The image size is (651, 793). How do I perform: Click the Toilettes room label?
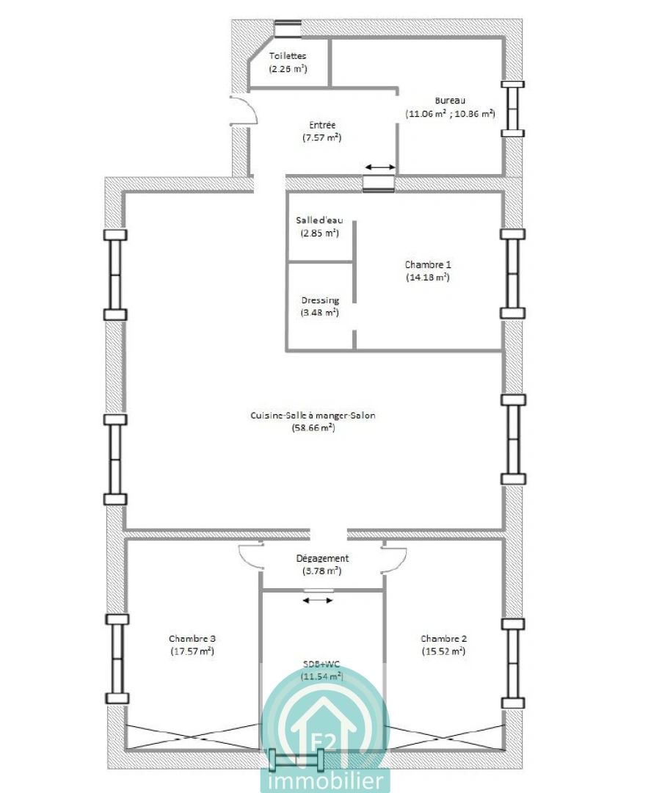click(288, 56)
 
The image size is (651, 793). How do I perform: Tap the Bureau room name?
click(450, 101)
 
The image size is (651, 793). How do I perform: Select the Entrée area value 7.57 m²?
click(322, 137)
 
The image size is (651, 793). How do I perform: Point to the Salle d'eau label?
click(319, 220)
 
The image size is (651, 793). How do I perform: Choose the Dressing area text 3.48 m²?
click(320, 313)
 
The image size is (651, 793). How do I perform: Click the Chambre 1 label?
click(428, 264)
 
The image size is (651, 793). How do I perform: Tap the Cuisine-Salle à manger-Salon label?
click(313, 415)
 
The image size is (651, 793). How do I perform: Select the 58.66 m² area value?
click(313, 428)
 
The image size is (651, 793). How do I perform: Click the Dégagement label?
click(322, 558)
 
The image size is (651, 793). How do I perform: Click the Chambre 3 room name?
click(192, 639)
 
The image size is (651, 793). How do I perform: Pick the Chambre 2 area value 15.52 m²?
click(444, 651)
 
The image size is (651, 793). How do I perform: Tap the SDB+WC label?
click(321, 664)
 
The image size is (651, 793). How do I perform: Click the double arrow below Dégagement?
click(318, 601)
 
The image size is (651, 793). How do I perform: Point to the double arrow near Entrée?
click(381, 167)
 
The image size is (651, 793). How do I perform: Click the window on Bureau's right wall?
click(512, 109)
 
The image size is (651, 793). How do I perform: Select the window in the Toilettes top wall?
click(288, 29)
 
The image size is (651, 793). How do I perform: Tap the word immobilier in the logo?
click(325, 780)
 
